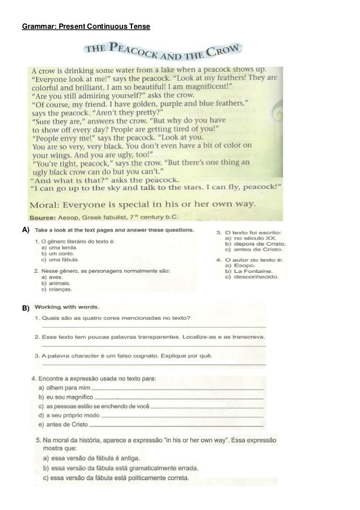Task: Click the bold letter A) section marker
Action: click(25, 230)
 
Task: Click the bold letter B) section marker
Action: click(25, 309)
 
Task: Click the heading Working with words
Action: click(67, 307)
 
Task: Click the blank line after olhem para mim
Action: click(176, 389)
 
